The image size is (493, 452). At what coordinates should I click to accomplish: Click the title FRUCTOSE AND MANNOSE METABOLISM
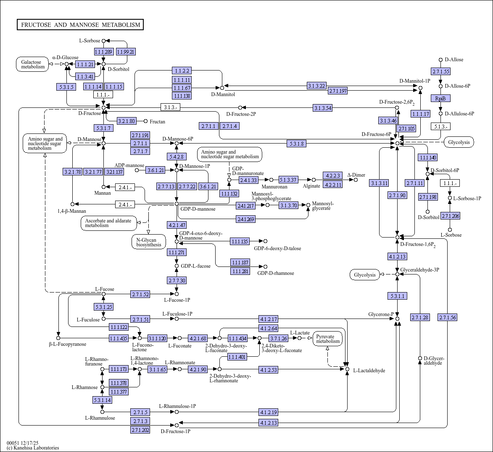(x=80, y=25)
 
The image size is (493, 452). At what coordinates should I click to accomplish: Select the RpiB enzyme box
(x=440, y=98)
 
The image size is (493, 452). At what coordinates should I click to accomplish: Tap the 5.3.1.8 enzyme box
(x=296, y=144)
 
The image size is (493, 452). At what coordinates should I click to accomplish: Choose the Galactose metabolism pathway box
(x=33, y=64)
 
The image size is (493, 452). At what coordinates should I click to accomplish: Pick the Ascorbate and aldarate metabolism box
(x=108, y=223)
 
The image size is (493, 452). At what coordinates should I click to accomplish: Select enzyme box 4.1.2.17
(x=269, y=319)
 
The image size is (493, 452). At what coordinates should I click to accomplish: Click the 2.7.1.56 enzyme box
(x=447, y=317)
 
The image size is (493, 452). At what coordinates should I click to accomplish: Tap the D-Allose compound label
(x=454, y=60)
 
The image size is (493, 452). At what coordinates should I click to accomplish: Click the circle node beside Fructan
(x=146, y=121)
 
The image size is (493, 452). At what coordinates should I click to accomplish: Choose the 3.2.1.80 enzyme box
(x=127, y=121)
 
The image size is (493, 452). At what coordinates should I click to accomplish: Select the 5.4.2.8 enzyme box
(x=177, y=157)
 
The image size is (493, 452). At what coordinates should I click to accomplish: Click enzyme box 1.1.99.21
(x=126, y=52)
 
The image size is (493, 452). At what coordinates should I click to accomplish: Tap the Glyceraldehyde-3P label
(x=419, y=270)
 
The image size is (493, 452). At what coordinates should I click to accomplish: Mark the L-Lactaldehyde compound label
(x=369, y=371)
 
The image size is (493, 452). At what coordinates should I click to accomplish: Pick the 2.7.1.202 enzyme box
(x=140, y=430)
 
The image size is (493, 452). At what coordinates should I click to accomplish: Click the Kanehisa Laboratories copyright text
(x=33, y=448)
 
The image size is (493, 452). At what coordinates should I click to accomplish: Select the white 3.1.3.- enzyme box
(x=170, y=107)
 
